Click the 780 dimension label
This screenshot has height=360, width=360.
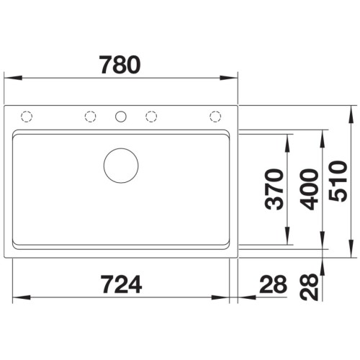(120, 65)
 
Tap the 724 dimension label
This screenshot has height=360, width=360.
(121, 284)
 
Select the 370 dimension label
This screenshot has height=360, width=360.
(274, 189)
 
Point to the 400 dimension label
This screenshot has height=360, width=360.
(309, 189)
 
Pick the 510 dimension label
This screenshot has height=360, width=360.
(338, 181)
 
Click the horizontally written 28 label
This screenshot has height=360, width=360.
(274, 284)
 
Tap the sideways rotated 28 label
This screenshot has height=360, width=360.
(309, 287)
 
